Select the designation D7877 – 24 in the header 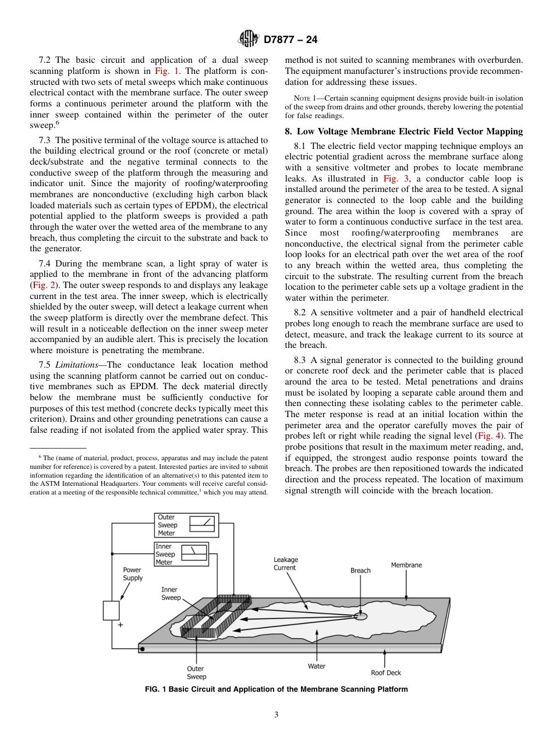point(290,40)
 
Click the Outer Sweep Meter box point(186,525)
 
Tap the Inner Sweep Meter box point(181,554)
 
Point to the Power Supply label point(132,574)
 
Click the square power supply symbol point(111,610)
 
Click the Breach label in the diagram point(360,571)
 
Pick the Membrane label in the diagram point(406,565)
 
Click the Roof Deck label point(386,673)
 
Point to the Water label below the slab point(317,666)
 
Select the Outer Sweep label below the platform point(196,673)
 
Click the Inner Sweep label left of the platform point(171,593)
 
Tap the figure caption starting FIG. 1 point(276,689)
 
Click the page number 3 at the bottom point(276,715)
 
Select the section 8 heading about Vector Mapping point(403,131)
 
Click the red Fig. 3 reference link point(392,179)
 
